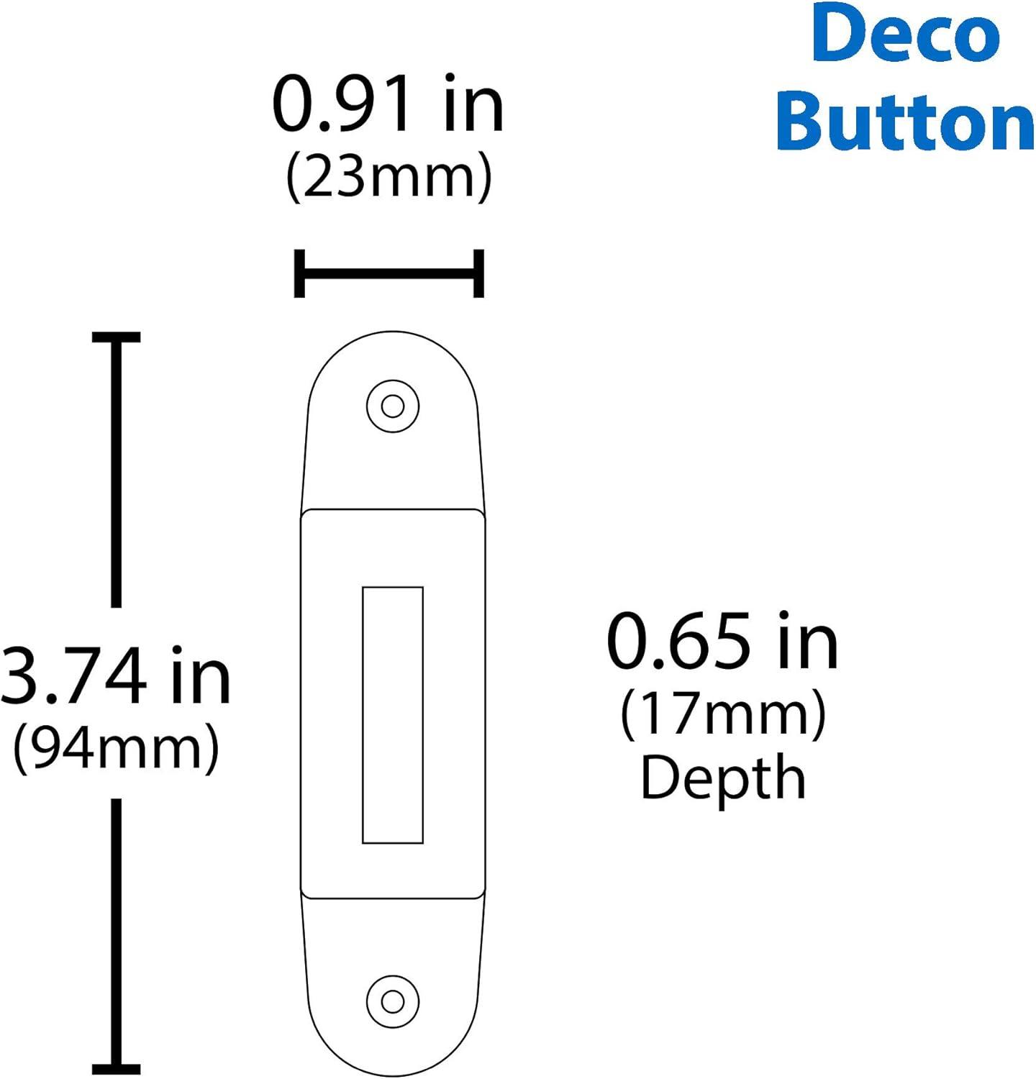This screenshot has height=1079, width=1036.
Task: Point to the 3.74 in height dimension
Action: [115, 676]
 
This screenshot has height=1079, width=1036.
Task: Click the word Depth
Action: [722, 778]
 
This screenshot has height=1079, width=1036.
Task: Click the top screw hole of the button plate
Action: [392, 406]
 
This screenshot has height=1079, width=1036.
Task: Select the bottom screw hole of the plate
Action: [392, 1001]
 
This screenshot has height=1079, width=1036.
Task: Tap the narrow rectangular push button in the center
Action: [392, 714]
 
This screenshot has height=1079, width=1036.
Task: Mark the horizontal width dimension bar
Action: [388, 273]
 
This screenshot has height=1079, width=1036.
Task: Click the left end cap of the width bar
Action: [300, 273]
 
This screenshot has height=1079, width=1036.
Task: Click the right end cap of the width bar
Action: [478, 273]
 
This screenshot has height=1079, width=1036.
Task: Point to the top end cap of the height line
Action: [116, 337]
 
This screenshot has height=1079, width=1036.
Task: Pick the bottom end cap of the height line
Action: [116, 1069]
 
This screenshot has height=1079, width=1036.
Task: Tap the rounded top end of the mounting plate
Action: [393, 352]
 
